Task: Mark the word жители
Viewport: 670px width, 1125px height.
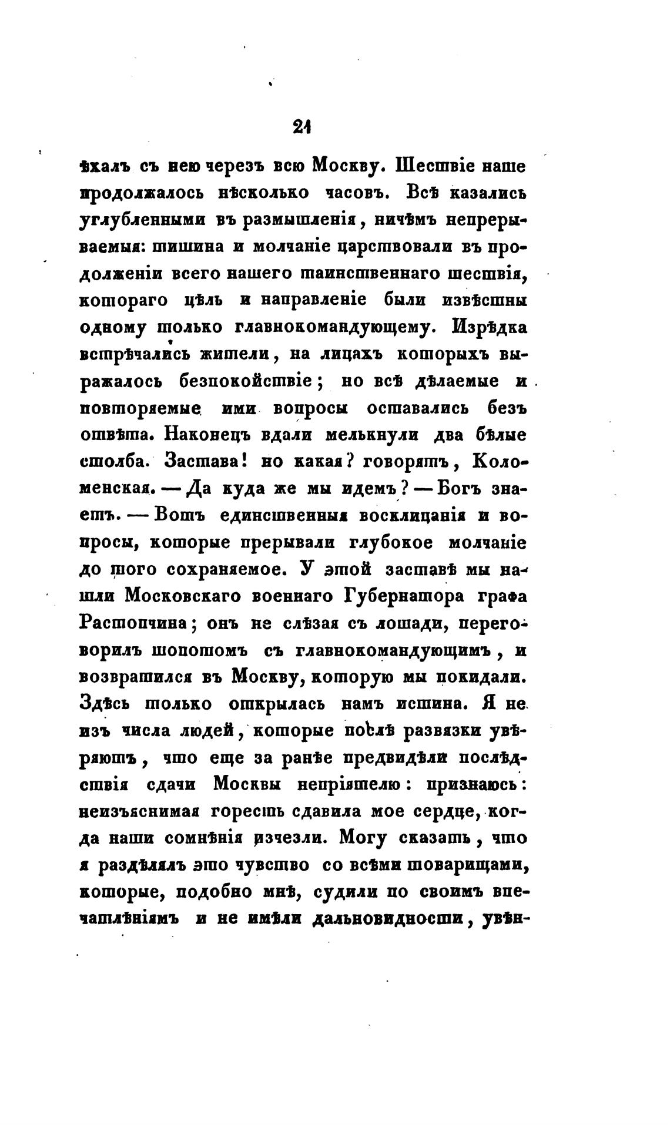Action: point(235,355)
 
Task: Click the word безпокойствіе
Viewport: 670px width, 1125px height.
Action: point(243,381)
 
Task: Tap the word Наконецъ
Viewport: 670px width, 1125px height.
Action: point(209,435)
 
